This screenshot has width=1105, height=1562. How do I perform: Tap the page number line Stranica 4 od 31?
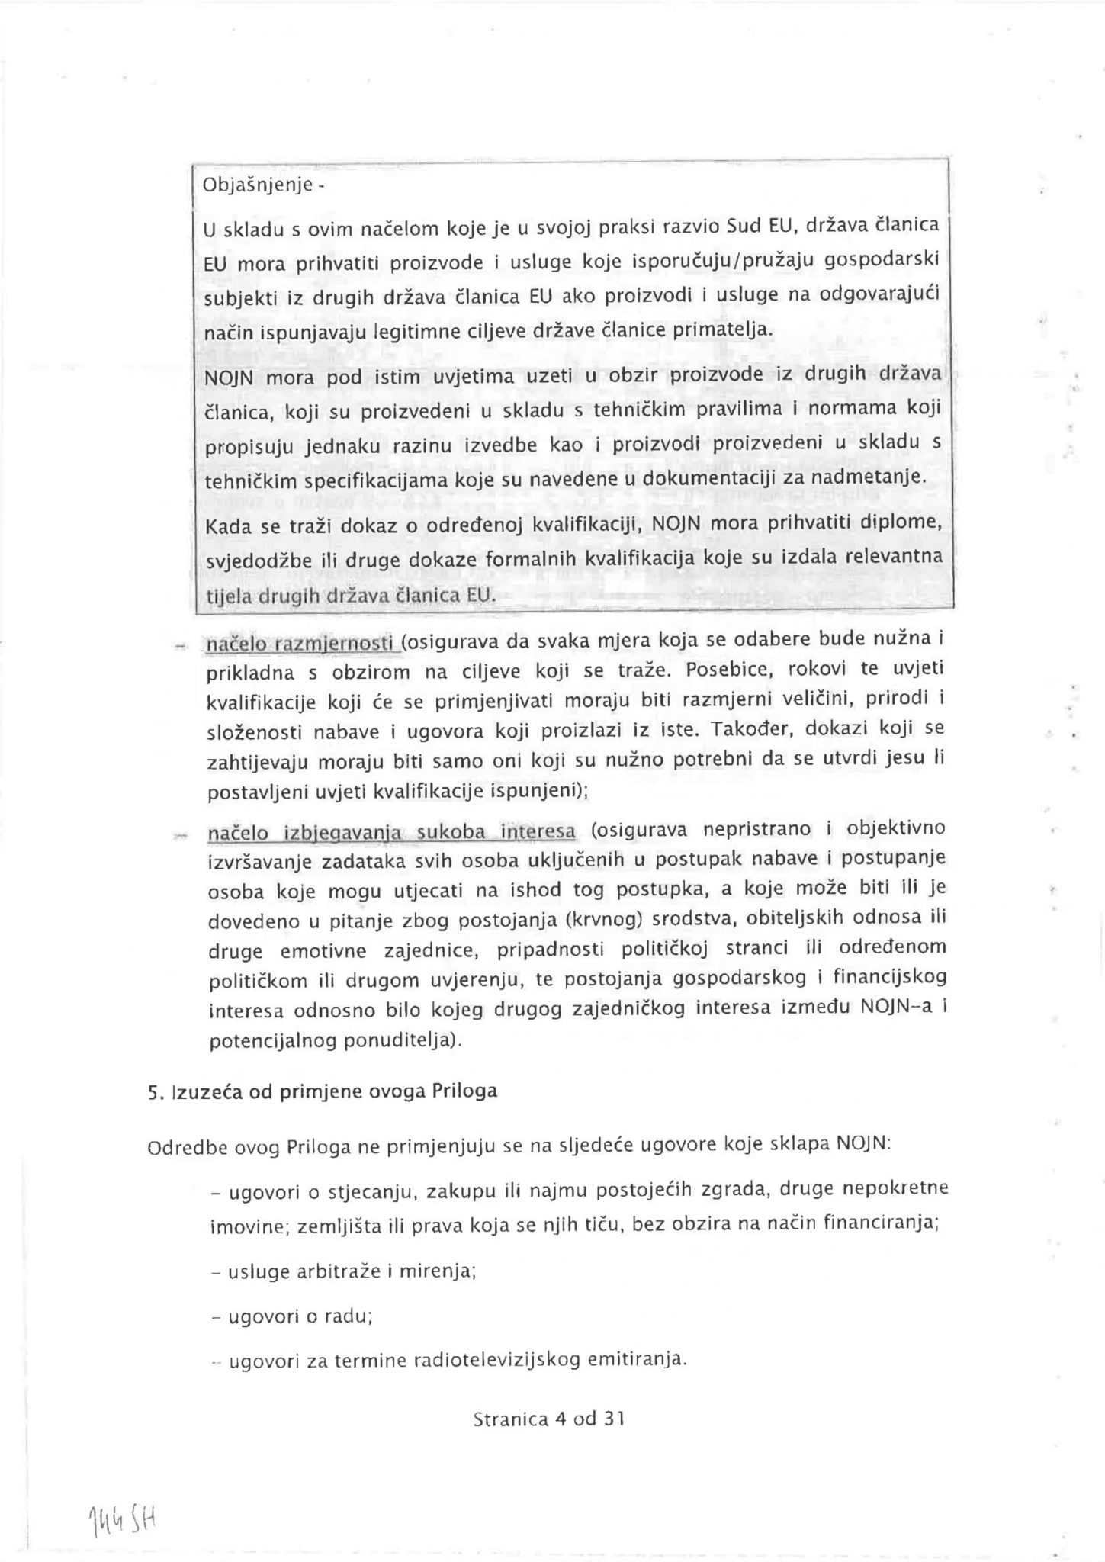(548, 1419)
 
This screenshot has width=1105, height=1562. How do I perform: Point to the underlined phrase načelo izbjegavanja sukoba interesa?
(391, 832)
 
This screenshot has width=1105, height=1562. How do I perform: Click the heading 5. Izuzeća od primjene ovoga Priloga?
(323, 1091)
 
